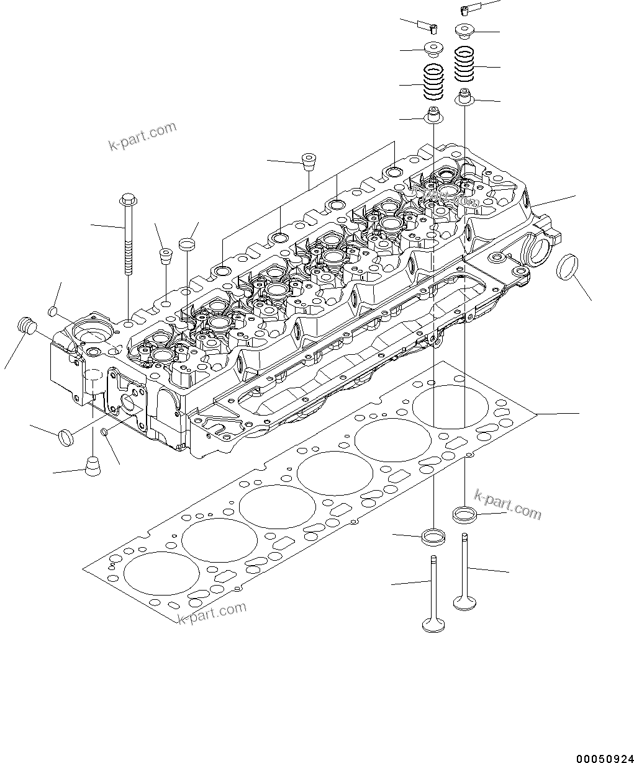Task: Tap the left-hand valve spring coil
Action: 433,82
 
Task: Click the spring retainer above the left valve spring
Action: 433,48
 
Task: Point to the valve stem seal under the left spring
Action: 433,116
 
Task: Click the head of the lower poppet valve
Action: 433,623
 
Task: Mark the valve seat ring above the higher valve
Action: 464,514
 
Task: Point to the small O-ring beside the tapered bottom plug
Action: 106,431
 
